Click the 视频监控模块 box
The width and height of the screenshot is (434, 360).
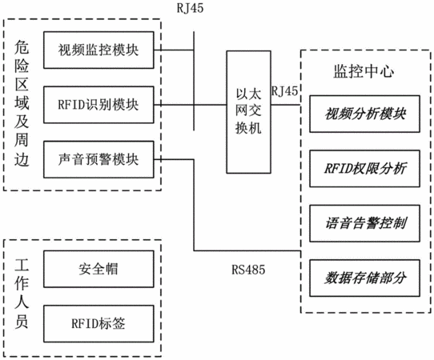click(x=98, y=50)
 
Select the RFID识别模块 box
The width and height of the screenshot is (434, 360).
click(x=98, y=105)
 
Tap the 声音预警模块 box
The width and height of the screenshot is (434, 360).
click(x=98, y=159)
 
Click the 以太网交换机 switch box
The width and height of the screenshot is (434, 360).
click(x=248, y=112)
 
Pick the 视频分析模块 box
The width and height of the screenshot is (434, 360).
click(x=364, y=114)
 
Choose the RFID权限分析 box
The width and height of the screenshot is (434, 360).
click(x=364, y=169)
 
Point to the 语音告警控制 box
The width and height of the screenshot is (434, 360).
click(x=364, y=223)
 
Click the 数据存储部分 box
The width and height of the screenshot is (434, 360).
click(x=364, y=278)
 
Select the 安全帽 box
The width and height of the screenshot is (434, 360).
click(x=98, y=269)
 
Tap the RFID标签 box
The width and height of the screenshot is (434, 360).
click(x=98, y=324)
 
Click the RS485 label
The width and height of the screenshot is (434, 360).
click(x=248, y=270)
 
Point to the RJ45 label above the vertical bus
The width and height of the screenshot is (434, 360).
click(x=190, y=8)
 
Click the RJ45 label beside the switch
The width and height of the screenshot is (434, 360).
click(x=285, y=91)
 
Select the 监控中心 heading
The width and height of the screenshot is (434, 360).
click(x=364, y=71)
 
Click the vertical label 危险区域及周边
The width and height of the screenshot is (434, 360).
click(x=22, y=103)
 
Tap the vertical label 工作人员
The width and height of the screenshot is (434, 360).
click(x=22, y=294)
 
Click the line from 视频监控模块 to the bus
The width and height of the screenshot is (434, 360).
click(x=174, y=50)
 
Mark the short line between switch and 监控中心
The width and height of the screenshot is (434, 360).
click(x=286, y=105)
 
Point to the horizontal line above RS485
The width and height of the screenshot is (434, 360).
click(x=247, y=251)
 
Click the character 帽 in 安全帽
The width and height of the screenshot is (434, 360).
click(x=112, y=269)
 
